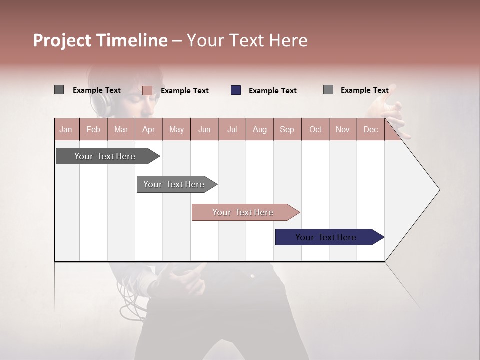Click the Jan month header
[66, 129]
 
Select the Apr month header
[149, 129]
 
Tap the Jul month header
[232, 129]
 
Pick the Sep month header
[287, 129]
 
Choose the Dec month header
[370, 129]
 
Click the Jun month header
[204, 129]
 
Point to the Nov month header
[343, 129]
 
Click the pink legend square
[147, 90]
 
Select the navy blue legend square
[236, 90]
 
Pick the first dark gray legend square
[59, 90]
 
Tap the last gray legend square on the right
[328, 90]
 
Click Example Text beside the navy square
[273, 91]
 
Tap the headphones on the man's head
[98, 102]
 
